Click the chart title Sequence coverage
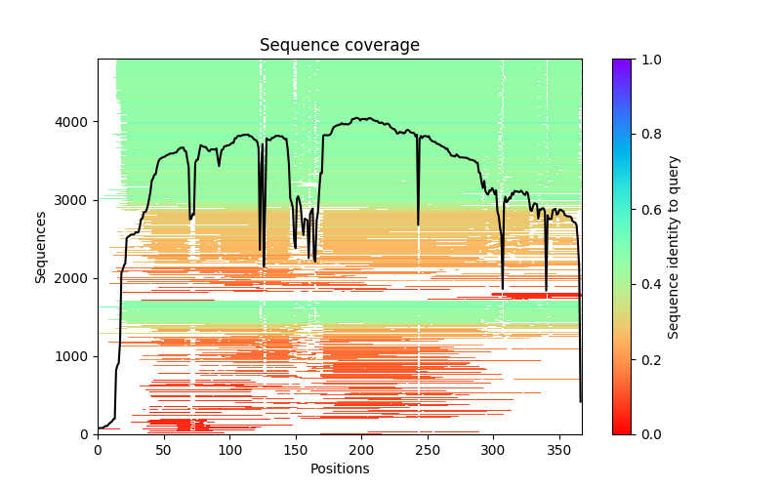coord(339,45)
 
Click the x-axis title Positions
coord(339,468)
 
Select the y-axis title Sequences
coord(41,246)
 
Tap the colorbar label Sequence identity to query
coord(674,246)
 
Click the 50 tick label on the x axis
coord(163,449)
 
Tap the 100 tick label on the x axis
coord(229,449)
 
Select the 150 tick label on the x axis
coord(295,449)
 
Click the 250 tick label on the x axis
coord(427,449)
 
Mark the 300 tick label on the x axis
coord(493,449)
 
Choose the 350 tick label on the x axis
coord(558,449)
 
